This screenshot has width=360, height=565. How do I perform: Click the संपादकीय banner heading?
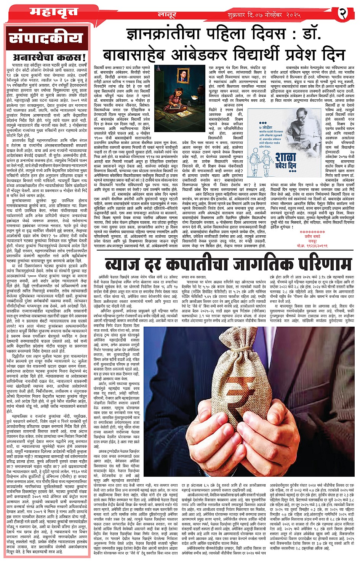point(46,38)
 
